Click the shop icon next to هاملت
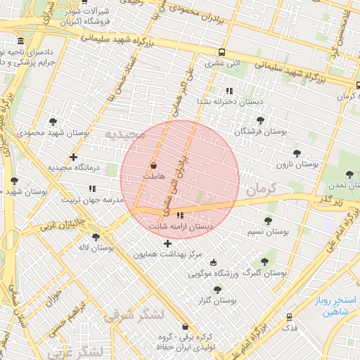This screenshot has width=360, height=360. [153, 166]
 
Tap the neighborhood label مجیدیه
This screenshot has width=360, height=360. [124, 134]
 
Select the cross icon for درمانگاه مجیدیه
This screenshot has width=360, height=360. [73, 157]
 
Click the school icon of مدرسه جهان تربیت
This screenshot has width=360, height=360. [92, 188]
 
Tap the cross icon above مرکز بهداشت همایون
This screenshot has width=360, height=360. [167, 243]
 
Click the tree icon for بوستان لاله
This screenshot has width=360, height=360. [96, 237]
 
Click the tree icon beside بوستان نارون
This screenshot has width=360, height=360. [297, 153]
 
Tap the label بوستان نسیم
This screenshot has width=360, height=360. [268, 231]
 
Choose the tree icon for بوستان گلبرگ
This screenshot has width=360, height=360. [264, 262]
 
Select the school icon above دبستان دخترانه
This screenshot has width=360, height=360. [229, 91]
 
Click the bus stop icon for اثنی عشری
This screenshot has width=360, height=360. [222, 52]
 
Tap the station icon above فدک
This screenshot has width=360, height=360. [288, 317]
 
